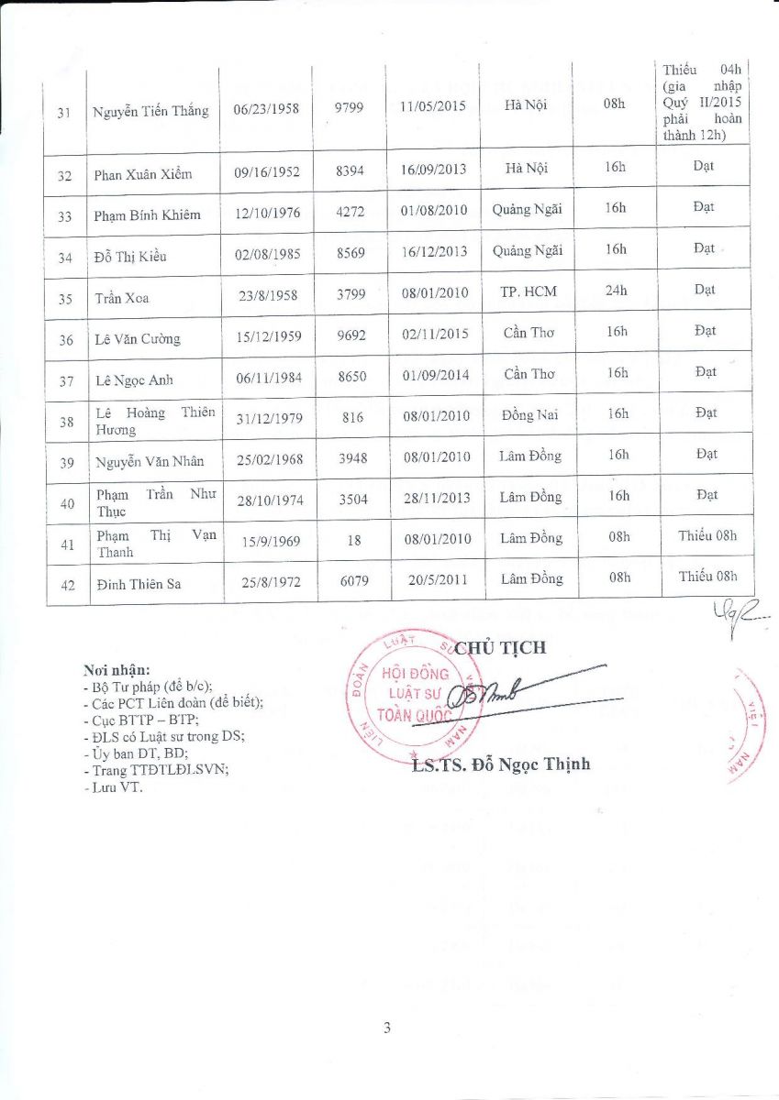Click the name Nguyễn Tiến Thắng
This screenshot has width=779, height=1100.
coord(150,112)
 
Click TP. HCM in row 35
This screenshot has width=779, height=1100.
coord(529,292)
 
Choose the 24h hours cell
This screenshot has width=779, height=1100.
coord(617,291)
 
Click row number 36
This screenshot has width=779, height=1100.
coord(66,340)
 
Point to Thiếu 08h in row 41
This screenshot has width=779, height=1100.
coord(707,535)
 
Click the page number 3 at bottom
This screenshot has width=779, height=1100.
coord(388,1028)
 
